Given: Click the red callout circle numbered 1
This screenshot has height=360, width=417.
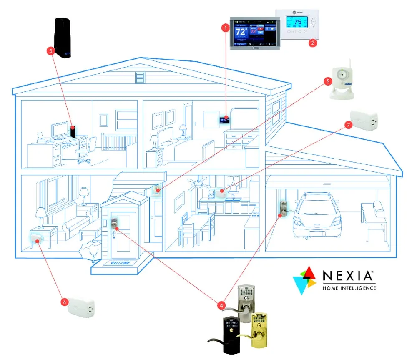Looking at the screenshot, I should point(226,28).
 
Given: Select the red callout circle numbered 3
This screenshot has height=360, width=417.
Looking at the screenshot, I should point(51,51).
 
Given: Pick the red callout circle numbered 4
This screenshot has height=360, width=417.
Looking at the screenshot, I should point(221,305).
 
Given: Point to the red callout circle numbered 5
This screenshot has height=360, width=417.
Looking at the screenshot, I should point(328,81).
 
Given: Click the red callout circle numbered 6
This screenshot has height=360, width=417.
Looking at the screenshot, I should point(64,301).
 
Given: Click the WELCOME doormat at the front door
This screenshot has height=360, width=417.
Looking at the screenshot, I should point(120,263).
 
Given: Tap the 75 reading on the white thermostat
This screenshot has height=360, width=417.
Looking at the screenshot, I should point(298,22).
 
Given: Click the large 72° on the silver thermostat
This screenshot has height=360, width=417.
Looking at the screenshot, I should point(241,32).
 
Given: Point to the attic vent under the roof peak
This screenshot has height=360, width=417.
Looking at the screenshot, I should point(139,78).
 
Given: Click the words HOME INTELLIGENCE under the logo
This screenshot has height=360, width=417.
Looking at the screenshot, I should point(349,288).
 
